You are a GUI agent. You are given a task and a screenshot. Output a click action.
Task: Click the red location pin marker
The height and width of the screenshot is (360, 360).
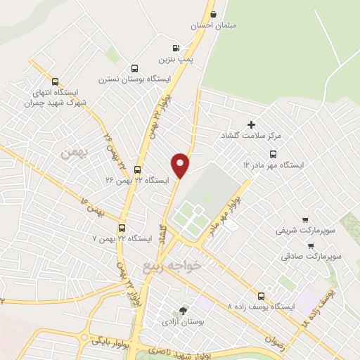coord(181,165)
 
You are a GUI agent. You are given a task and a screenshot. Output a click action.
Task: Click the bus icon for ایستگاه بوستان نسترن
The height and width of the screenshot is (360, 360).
coord(134,69)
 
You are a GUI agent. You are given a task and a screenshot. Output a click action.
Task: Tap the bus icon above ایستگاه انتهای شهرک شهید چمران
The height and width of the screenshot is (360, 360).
coord(56,82)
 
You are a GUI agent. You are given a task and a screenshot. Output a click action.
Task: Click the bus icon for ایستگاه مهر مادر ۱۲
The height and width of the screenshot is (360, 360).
coord(273,154)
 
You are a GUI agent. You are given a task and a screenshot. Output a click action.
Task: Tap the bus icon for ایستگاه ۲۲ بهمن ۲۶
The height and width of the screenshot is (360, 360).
coord(137,169)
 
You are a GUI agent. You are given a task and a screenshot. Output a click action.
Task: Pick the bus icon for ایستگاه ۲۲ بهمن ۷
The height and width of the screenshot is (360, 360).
coord(122,229)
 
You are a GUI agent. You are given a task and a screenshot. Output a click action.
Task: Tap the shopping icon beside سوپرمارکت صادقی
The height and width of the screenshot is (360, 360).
coord(310,246)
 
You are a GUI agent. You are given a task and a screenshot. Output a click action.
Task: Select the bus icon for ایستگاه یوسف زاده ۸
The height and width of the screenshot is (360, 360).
coord(262,296)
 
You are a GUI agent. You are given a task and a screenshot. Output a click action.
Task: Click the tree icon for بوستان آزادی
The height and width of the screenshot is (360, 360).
coord(184,310)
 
